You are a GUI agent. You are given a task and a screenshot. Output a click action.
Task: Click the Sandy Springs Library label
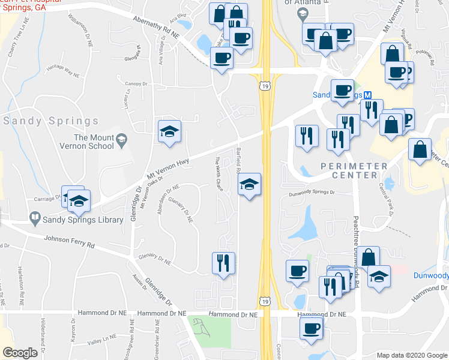83,220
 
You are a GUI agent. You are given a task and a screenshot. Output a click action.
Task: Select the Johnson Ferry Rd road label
70,242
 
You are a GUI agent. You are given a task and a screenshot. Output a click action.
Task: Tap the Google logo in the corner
20,353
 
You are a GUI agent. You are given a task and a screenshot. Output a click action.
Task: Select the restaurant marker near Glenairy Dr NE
223,262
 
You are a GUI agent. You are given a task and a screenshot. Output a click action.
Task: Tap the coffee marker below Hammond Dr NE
311,328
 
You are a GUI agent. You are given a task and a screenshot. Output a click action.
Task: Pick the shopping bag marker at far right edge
420,149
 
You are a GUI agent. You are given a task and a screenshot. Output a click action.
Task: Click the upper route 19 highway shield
264,88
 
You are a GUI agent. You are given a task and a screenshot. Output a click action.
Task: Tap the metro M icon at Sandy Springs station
368,95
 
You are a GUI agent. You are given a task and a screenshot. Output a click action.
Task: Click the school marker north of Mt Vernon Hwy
169,131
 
